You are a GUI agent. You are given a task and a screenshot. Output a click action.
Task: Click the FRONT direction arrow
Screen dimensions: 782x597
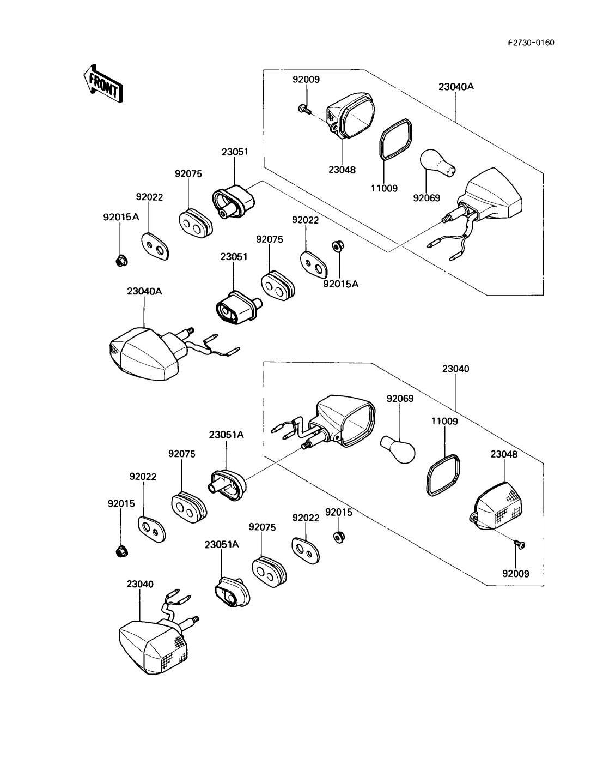click(103, 83)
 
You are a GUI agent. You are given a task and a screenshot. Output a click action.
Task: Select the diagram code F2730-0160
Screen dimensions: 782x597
click(531, 43)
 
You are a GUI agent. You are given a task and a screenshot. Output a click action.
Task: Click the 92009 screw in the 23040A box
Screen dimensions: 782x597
click(304, 109)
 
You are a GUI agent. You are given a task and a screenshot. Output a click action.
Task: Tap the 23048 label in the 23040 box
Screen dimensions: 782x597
click(504, 454)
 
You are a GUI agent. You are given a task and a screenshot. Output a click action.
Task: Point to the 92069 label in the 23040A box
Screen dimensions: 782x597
click(426, 198)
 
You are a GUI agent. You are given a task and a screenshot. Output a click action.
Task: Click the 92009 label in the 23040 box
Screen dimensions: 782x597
click(515, 574)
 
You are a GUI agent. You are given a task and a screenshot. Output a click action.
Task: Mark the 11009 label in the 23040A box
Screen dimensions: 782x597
click(385, 188)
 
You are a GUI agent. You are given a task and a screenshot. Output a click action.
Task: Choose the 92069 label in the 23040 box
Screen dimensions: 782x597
click(400, 399)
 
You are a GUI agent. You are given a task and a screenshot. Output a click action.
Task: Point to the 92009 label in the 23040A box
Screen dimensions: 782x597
click(306, 79)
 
